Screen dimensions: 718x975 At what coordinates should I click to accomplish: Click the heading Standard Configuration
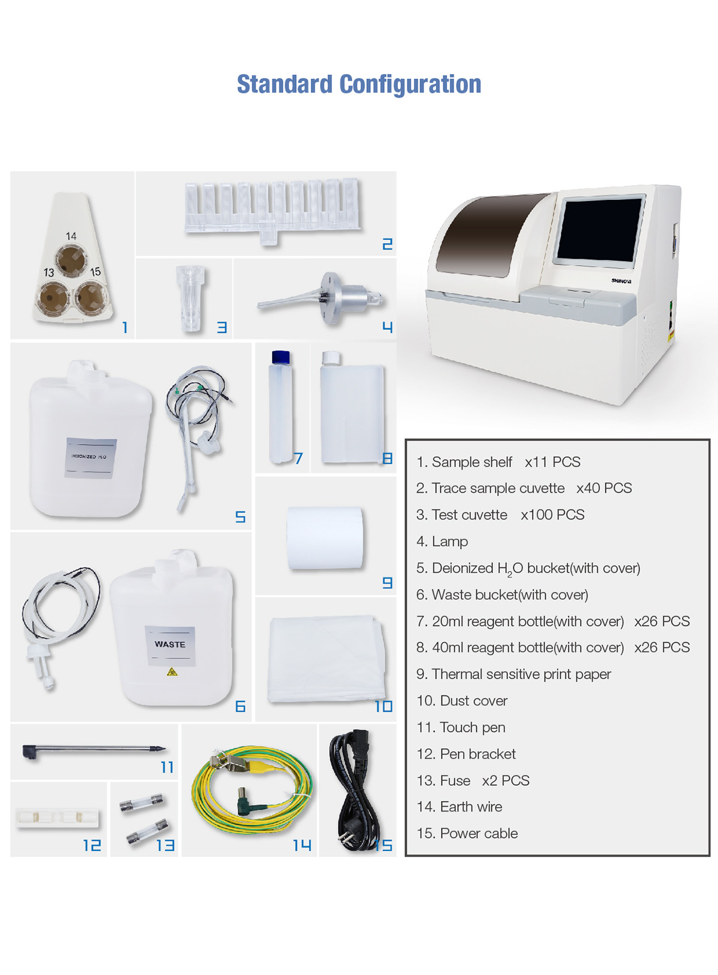point(359,84)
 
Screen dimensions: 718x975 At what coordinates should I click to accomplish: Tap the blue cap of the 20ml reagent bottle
point(281,357)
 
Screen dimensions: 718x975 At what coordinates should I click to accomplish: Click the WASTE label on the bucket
point(170,644)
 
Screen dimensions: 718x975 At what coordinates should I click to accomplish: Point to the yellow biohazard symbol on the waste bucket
point(172,672)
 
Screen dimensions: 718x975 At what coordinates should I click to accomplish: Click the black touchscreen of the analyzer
point(600,229)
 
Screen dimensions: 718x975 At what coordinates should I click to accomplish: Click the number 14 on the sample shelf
point(71,236)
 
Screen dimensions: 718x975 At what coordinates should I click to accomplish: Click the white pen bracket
point(57,818)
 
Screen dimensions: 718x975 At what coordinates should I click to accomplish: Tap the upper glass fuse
point(141,802)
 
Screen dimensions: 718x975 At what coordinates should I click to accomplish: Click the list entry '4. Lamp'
point(442,541)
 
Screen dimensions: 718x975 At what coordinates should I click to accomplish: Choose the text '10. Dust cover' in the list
point(462,700)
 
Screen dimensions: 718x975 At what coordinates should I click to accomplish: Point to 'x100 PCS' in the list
point(552,515)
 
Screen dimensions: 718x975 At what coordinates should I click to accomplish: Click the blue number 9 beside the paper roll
point(387,582)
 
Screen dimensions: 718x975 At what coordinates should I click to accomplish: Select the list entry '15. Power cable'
point(467,833)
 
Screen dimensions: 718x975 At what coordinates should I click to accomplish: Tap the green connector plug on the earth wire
point(246,798)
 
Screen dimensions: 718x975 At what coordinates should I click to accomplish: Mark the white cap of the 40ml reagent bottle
point(330,358)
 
